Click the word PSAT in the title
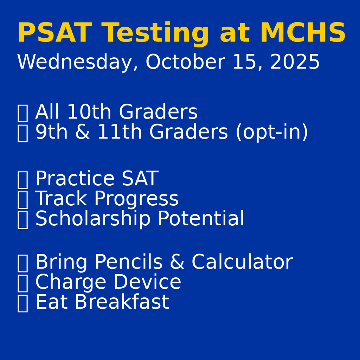(x=54, y=34)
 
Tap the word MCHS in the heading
(x=303, y=34)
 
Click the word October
(x=185, y=63)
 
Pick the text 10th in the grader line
(x=90, y=112)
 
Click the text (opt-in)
(x=271, y=133)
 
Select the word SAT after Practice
(x=140, y=179)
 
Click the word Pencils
(x=128, y=262)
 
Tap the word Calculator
(x=242, y=262)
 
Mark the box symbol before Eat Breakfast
(x=22, y=303)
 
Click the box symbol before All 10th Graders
(x=22, y=113)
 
